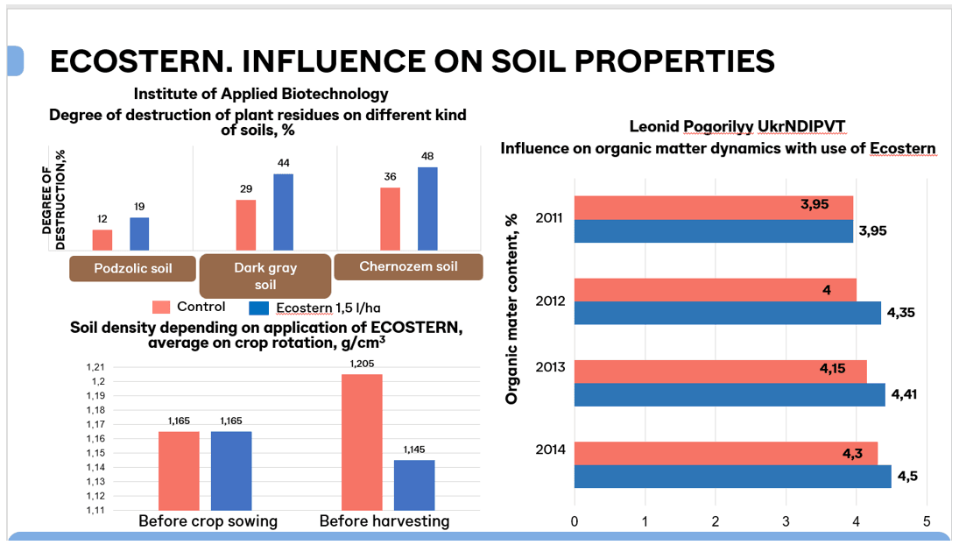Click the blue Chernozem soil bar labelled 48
click(427, 209)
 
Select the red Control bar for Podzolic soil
click(102, 240)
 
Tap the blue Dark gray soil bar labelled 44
click(283, 212)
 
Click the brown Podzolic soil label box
click(132, 268)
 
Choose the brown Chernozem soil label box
click(408, 267)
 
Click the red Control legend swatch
click(161, 308)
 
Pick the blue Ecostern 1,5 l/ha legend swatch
click(258, 308)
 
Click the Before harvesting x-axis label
click(384, 521)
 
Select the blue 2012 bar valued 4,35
click(727, 313)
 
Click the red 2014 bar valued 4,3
click(725, 453)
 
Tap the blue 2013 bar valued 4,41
click(730, 395)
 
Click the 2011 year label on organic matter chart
click(550, 218)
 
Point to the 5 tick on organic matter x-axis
click(927, 521)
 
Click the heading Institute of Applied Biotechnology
click(261, 94)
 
